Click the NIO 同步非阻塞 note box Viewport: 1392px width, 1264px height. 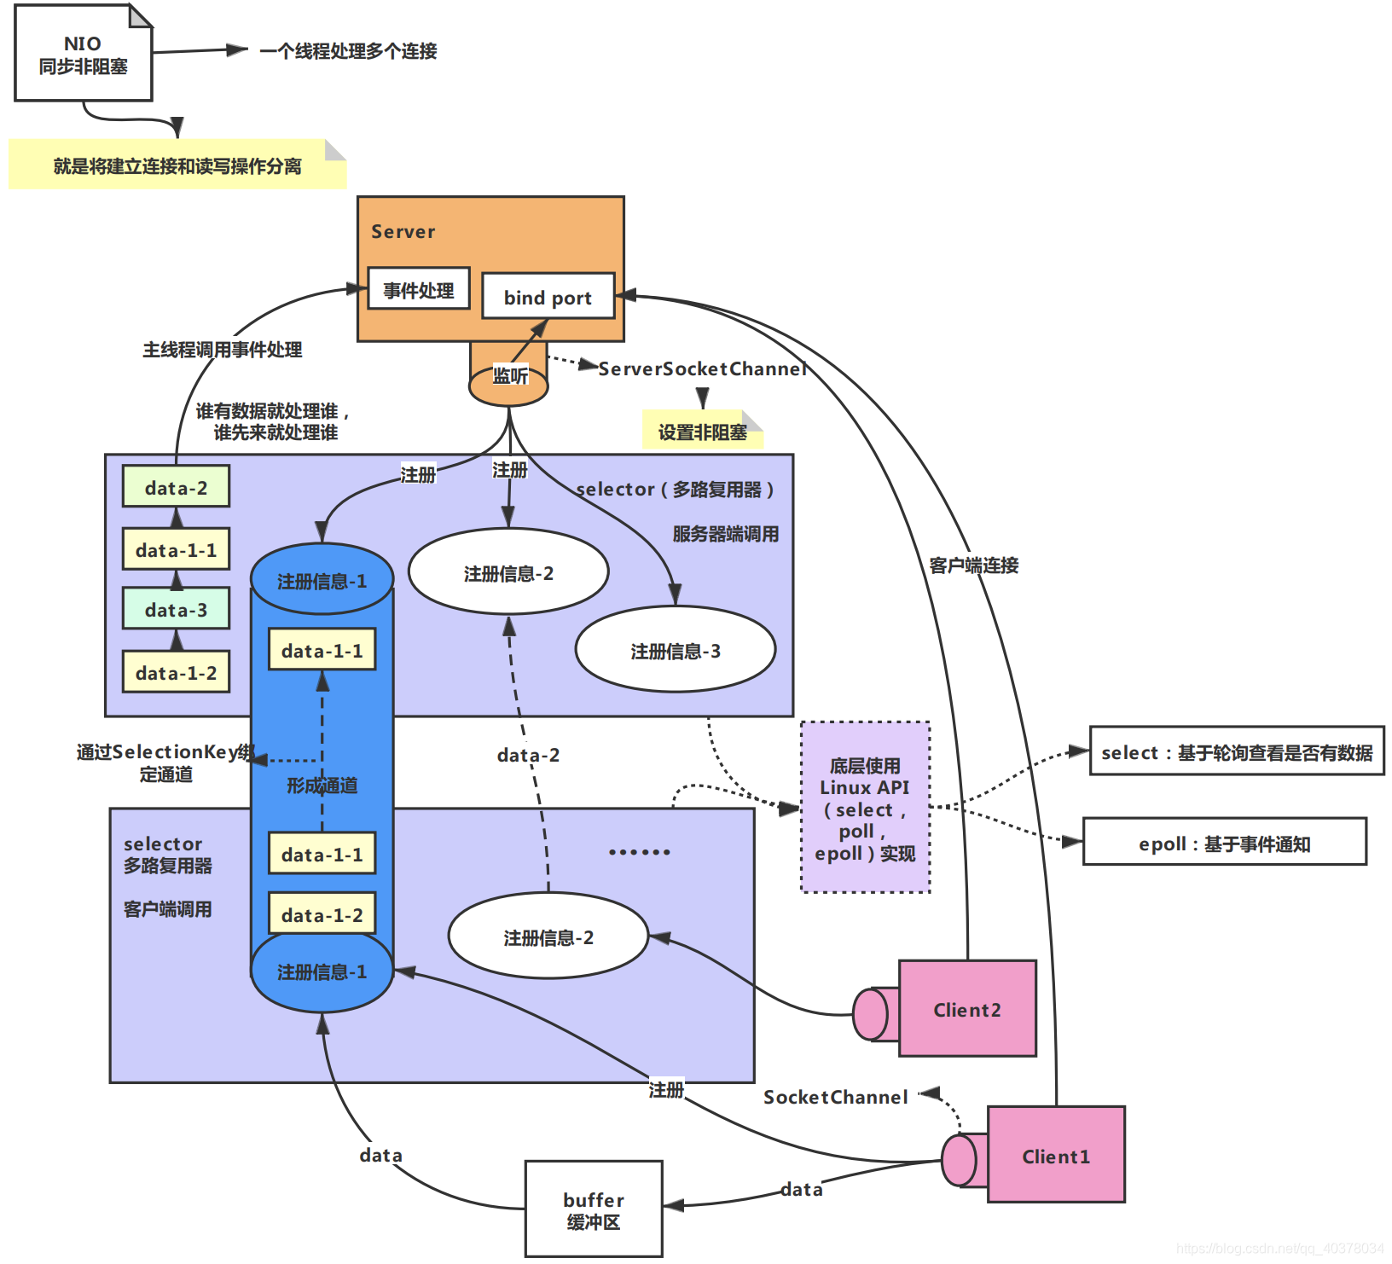click(x=83, y=55)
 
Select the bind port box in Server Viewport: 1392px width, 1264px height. click(x=548, y=297)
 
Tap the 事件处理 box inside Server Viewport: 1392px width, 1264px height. click(x=418, y=289)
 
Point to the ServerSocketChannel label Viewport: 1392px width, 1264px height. click(x=702, y=368)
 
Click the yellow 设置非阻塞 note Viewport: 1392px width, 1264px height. click(x=701, y=432)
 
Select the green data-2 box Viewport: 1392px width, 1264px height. click(x=176, y=487)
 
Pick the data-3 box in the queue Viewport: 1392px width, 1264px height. click(x=176, y=609)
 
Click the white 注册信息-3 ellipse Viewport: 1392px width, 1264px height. click(x=675, y=651)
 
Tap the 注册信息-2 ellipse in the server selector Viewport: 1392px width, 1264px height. click(x=508, y=573)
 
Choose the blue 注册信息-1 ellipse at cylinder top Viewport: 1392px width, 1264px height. click(x=322, y=580)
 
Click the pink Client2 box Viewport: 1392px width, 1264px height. click(x=967, y=1009)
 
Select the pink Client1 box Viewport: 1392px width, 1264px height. click(x=1056, y=1156)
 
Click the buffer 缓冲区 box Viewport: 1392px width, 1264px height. click(x=594, y=1209)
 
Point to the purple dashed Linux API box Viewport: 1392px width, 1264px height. click(x=865, y=808)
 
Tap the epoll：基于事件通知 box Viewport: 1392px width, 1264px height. click(x=1224, y=843)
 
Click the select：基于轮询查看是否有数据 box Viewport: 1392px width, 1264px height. click(x=1236, y=751)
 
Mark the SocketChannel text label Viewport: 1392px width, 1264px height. click(x=835, y=1097)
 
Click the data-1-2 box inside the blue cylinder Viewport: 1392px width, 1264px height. click(x=322, y=914)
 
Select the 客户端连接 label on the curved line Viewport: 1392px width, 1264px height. click(x=973, y=565)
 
